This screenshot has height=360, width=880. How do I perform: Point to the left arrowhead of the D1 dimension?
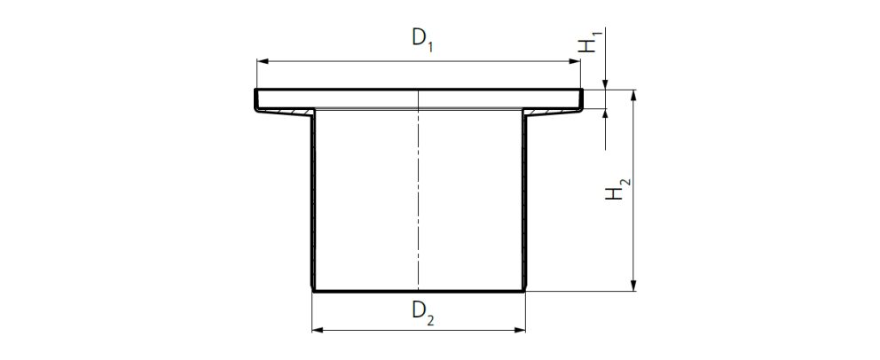point(263,61)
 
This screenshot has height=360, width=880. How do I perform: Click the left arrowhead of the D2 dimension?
point(318,331)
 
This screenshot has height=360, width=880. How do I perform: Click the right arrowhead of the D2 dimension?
point(521,331)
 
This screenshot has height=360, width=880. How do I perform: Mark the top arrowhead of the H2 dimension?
point(633,94)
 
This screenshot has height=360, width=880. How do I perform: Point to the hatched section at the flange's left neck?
point(288,111)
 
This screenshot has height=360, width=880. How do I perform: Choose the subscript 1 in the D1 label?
point(430,45)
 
